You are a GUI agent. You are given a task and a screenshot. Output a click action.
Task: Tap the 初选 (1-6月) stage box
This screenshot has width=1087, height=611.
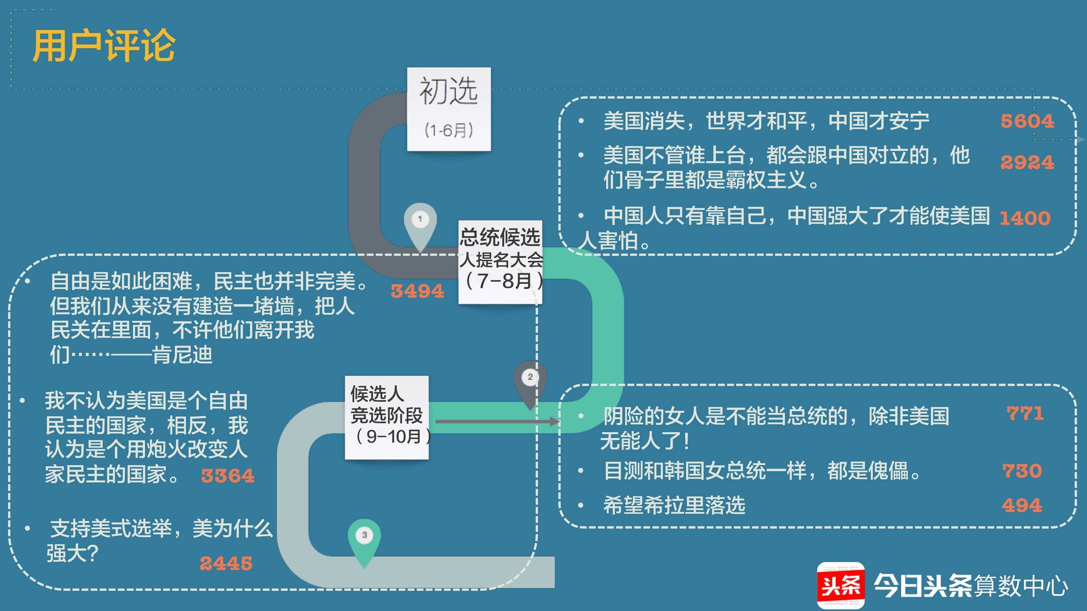point(449,109)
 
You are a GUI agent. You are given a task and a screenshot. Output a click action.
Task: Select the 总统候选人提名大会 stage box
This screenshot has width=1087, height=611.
point(500,262)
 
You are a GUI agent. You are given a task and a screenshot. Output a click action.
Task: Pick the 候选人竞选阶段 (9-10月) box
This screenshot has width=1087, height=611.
point(386,417)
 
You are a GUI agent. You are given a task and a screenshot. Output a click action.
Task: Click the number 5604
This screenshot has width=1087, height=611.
point(1027,121)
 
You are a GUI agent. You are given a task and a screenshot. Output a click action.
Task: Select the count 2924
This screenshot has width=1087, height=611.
point(1027,162)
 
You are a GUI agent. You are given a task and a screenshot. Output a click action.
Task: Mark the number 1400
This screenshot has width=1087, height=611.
point(1025,218)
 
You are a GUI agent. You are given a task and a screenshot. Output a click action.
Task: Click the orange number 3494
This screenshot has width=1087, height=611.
point(417,291)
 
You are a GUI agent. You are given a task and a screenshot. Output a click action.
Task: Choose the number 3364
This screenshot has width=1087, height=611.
point(228,476)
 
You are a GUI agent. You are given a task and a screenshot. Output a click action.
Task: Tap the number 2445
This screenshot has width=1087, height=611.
point(226,563)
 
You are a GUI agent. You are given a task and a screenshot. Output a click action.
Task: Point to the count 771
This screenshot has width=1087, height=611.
point(1025,413)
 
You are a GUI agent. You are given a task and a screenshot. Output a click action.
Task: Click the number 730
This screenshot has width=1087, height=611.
point(1022,470)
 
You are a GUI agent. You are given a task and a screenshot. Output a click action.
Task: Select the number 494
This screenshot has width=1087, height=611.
point(1022,505)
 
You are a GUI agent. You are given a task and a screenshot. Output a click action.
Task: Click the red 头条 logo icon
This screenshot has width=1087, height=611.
point(840,585)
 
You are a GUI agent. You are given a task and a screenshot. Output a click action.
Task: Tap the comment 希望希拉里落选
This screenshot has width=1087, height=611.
point(674,505)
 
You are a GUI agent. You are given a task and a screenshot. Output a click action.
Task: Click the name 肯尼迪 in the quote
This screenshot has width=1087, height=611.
point(182,354)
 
